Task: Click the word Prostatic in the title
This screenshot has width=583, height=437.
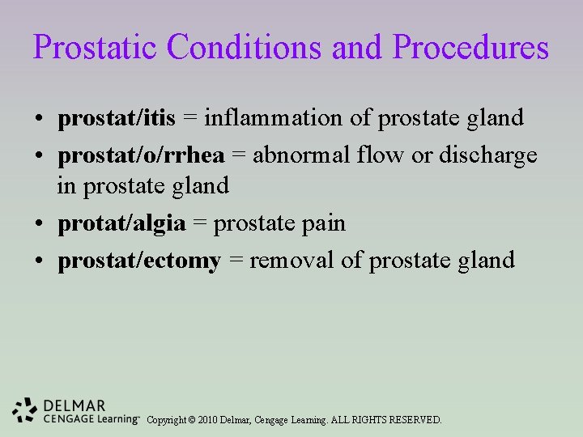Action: tap(96, 47)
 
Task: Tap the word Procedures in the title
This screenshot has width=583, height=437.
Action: tap(470, 47)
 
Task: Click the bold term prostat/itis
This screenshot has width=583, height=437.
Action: tap(117, 118)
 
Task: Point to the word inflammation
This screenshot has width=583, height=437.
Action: tap(274, 118)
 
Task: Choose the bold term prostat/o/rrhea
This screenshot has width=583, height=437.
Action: tap(141, 155)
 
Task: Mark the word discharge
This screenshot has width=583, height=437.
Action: tap(487, 155)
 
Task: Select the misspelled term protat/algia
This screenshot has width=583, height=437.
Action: tap(121, 223)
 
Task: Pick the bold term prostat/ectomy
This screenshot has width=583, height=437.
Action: tap(139, 260)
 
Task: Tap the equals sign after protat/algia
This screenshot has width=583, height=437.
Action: tap(199, 223)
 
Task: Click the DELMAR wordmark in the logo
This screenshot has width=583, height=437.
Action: tap(74, 405)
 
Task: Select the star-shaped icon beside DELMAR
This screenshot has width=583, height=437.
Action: tap(26, 410)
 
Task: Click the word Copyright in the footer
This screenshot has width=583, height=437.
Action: tap(167, 420)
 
